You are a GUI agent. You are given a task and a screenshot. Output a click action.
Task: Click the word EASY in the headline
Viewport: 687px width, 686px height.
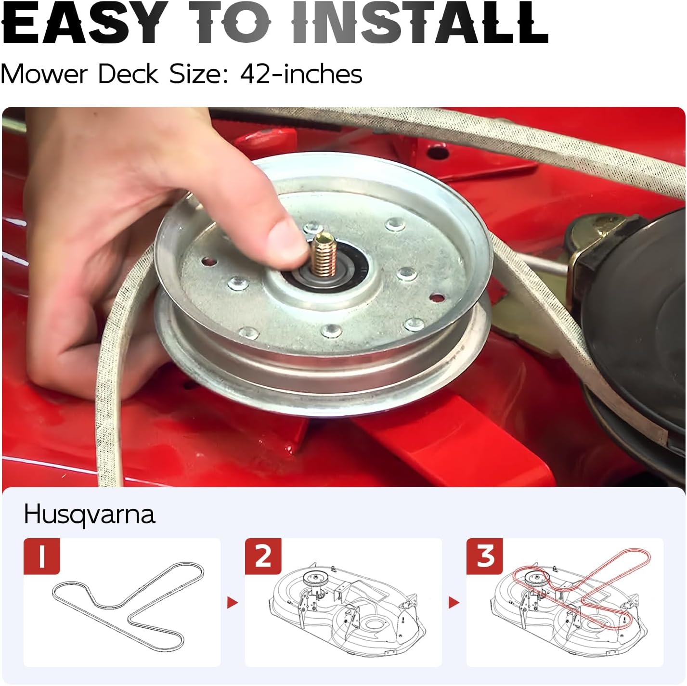pos(85,22)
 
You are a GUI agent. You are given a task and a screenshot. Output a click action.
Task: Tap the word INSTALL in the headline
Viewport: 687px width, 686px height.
pos(420,22)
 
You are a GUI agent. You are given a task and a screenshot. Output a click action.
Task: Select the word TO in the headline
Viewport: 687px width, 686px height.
pos(230,22)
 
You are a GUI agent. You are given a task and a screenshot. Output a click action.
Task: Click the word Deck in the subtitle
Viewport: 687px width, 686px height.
pos(128,74)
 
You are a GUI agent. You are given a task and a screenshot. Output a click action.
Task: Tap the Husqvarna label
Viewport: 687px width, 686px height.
pos(90,515)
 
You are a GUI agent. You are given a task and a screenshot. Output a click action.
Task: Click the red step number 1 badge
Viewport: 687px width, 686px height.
pos(42,556)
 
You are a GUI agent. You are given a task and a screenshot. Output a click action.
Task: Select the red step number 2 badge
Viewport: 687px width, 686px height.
pos(263,556)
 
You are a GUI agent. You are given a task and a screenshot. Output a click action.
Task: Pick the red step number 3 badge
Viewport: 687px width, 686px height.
pos(484,556)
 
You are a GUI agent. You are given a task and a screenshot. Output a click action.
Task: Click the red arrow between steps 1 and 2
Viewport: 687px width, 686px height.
pos(232,603)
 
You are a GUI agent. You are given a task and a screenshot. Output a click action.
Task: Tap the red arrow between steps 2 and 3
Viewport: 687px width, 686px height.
pos(454,603)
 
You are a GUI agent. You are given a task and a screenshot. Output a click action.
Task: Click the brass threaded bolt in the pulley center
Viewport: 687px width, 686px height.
pos(323,254)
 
